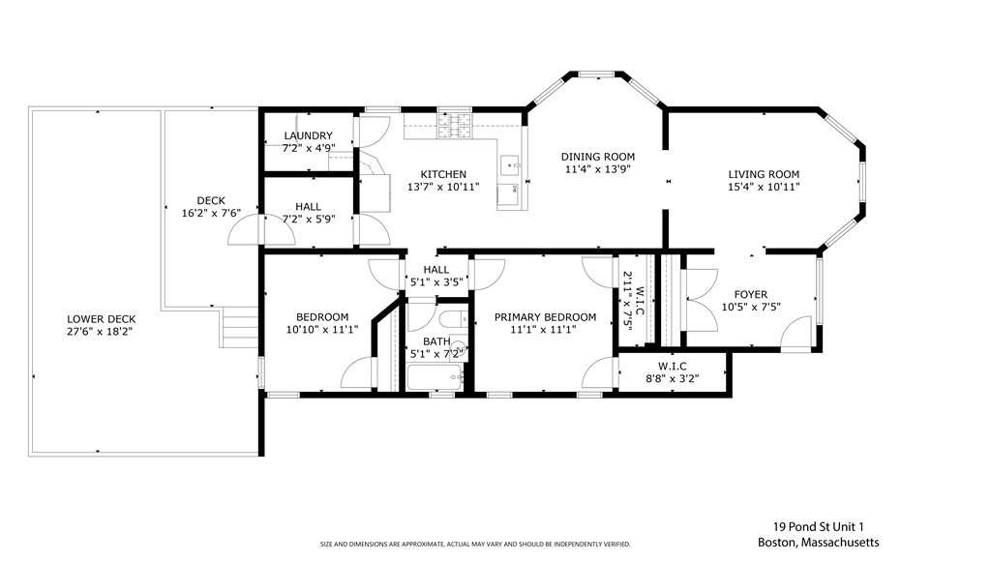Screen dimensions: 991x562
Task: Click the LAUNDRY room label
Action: [x=308, y=135]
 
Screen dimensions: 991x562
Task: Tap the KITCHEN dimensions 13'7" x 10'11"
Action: [x=443, y=187]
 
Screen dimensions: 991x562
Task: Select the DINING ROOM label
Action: [x=598, y=157]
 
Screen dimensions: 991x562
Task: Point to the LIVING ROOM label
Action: [x=764, y=174]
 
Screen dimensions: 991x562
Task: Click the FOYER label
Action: [x=751, y=294]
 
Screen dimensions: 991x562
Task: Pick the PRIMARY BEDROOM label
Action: [x=545, y=317]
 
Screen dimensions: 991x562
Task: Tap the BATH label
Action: [x=436, y=341]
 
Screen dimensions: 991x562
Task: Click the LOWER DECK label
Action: [x=101, y=319]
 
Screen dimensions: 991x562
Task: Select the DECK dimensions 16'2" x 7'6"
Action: [x=211, y=214]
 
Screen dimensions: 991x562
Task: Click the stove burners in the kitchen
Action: [x=455, y=125]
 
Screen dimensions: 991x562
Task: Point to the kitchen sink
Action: [x=509, y=165]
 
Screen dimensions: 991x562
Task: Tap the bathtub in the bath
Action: [x=435, y=377]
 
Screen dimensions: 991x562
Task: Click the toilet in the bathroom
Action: [x=453, y=319]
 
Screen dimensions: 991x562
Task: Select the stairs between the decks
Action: [x=239, y=328]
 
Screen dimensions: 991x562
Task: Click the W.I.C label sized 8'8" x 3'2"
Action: [x=672, y=367]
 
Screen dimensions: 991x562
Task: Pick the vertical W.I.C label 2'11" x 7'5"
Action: [x=633, y=299]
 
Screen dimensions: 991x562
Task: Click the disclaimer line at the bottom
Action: [x=475, y=544]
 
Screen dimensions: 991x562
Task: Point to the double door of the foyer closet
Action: [x=700, y=300]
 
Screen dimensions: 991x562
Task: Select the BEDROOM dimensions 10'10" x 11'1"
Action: [x=322, y=329]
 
